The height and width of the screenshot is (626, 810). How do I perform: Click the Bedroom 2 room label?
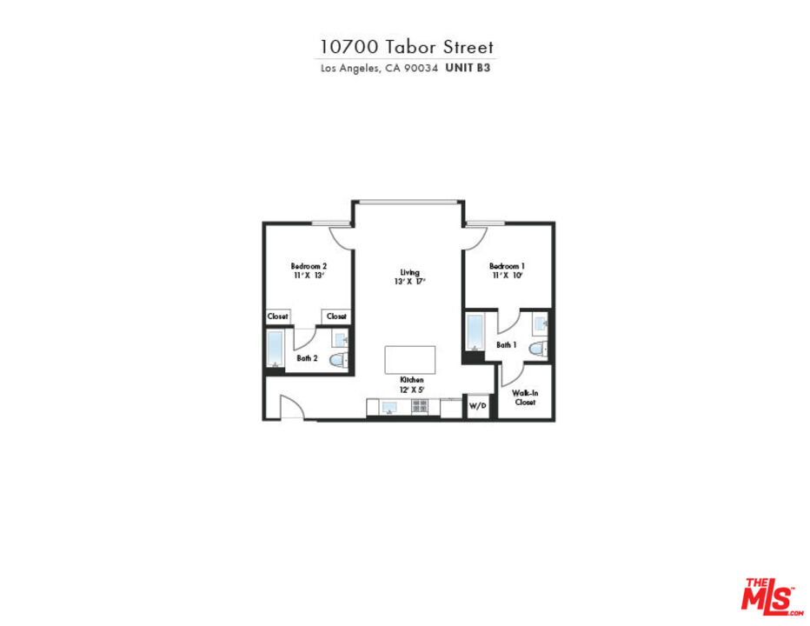tap(308, 266)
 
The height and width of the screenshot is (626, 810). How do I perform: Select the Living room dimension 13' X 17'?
tap(408, 281)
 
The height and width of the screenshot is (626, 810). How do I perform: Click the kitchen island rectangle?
tap(409, 360)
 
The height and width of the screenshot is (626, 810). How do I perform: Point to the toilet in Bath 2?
tap(341, 359)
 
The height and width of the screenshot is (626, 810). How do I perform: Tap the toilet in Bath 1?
tap(538, 350)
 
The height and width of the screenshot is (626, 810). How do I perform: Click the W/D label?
tap(477, 406)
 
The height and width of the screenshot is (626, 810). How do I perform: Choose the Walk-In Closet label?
tap(525, 398)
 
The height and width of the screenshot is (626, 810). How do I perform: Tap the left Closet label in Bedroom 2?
tap(277, 316)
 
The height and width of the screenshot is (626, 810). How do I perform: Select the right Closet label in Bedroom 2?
tap(336, 316)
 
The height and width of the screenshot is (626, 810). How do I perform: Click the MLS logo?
tap(768, 595)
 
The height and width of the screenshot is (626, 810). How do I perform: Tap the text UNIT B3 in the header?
tap(468, 67)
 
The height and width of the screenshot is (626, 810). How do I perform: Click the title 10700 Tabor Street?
tap(407, 46)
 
